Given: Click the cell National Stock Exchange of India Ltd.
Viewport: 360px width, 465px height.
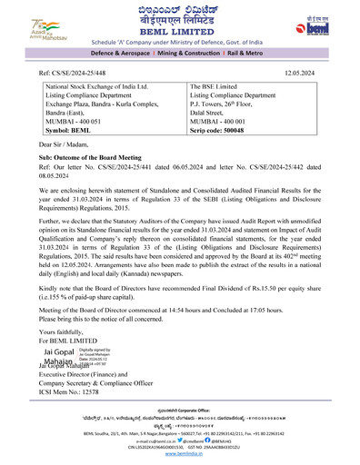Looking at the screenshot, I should pos(101,85).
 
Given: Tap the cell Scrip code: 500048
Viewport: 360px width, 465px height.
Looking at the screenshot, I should pos(226,131).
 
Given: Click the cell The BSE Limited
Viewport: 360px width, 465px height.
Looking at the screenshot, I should pos(216,85).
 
